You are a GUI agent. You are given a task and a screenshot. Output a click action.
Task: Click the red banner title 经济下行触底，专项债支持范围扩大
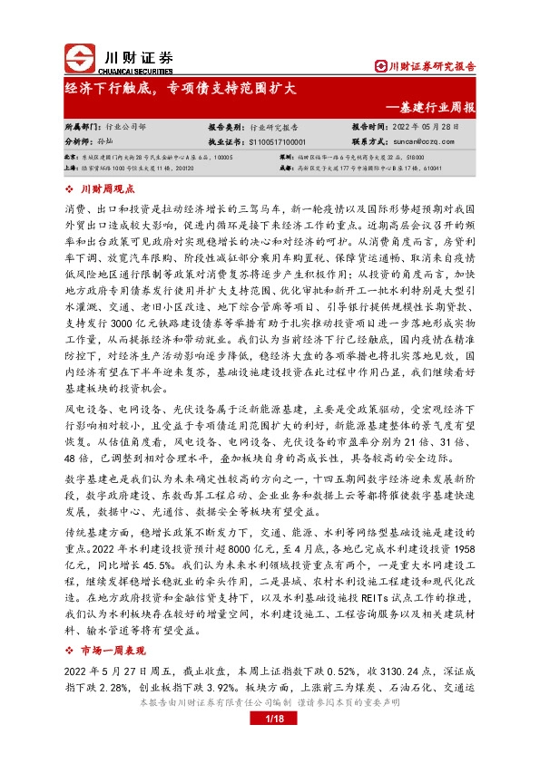pyautogui.click(x=181, y=89)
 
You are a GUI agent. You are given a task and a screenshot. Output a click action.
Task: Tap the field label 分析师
pyautogui.click(x=83, y=142)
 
